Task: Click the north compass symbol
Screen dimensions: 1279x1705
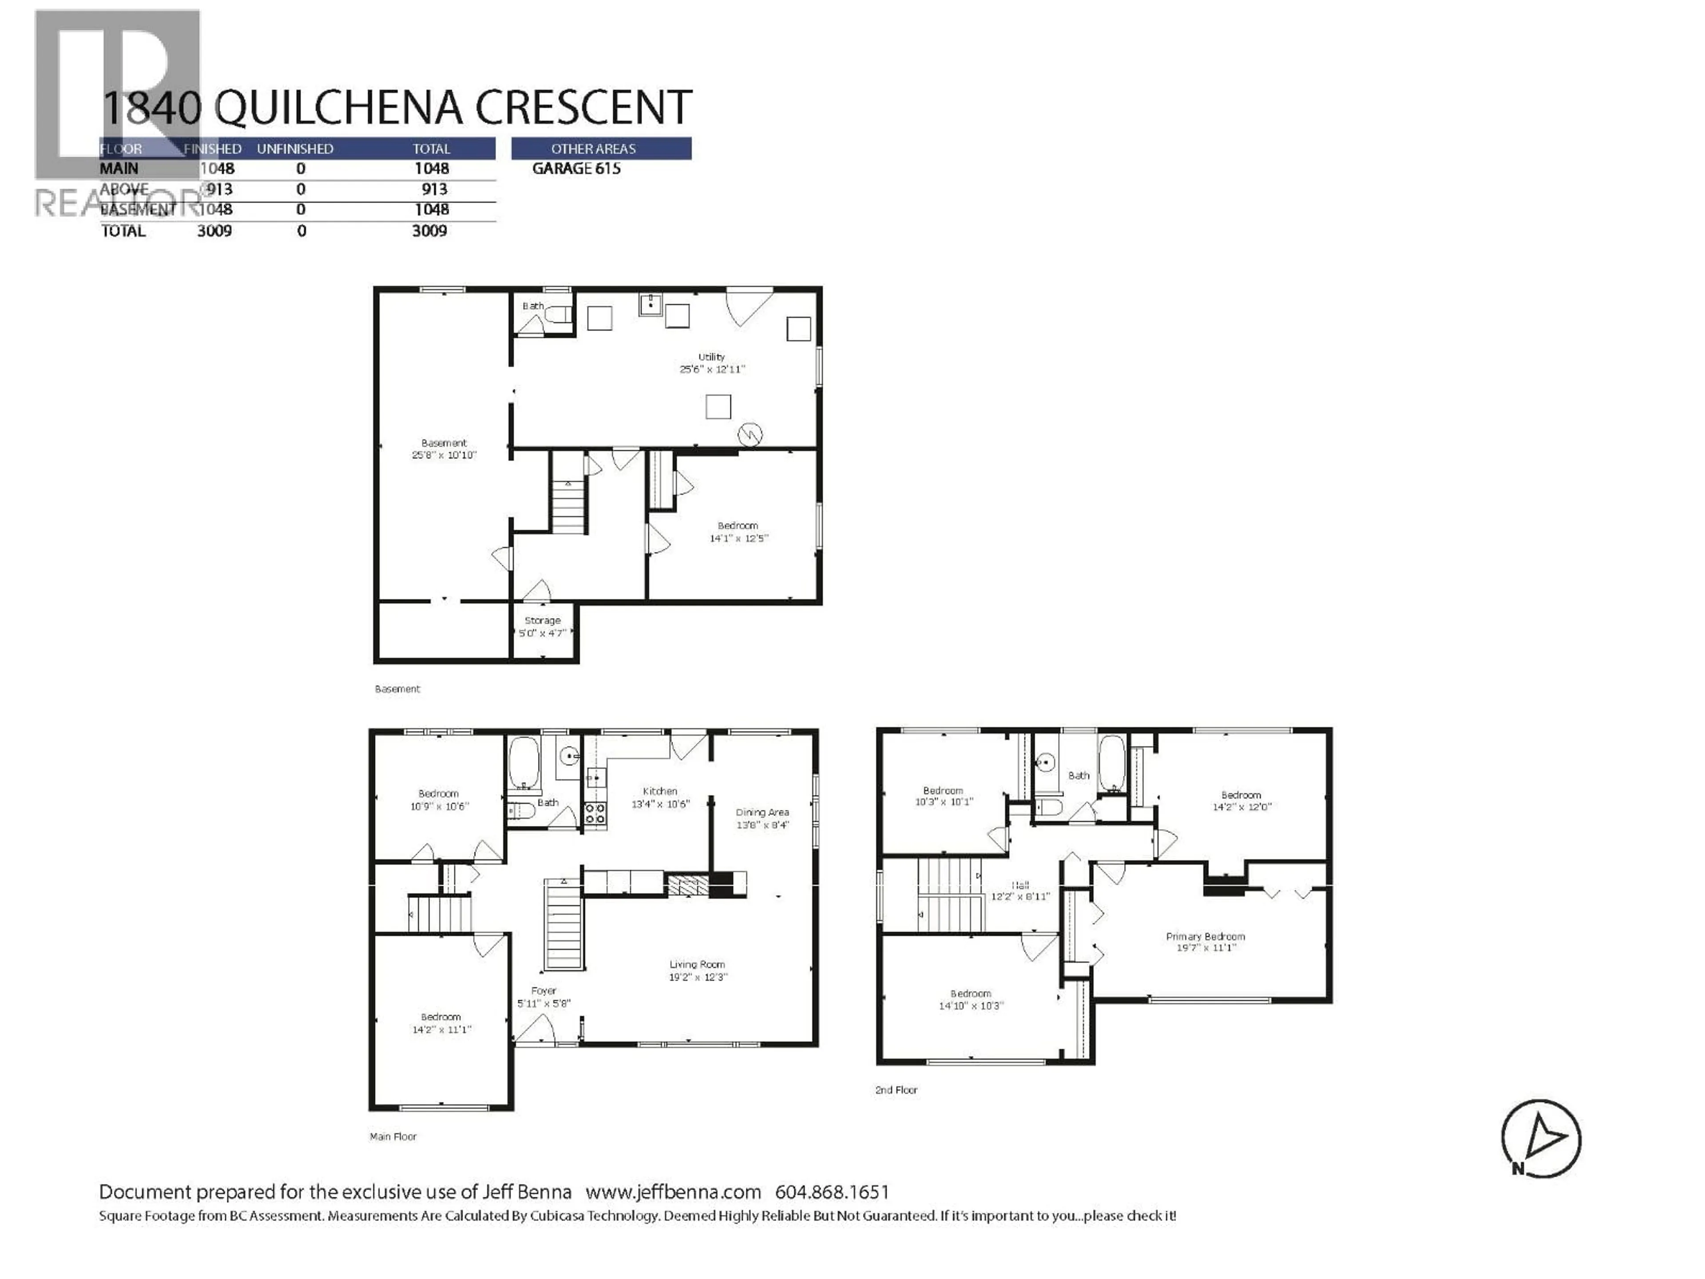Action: (1540, 1138)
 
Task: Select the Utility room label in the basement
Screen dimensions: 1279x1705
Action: (711, 357)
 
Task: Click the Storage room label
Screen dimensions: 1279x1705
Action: (543, 620)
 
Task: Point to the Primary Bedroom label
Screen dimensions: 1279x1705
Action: (1205, 937)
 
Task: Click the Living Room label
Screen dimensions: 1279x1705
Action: (697, 965)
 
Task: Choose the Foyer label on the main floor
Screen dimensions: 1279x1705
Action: (543, 991)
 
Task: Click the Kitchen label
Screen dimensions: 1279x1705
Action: (660, 791)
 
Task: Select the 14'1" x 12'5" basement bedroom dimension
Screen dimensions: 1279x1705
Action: (738, 538)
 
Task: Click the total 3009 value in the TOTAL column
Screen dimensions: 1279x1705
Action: (429, 230)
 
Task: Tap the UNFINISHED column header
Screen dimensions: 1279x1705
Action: (295, 149)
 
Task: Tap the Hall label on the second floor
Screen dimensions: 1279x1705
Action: (1020, 886)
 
